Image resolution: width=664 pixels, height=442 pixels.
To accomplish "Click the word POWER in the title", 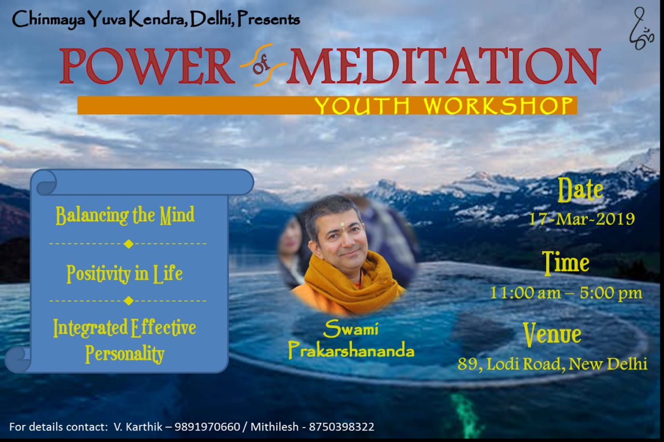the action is (x=147, y=66).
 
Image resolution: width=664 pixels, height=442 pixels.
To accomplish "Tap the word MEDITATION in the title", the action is (x=444, y=66).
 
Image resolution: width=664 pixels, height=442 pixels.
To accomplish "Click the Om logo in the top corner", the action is (x=641, y=28).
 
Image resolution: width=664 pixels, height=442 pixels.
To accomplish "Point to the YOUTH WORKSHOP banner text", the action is (x=444, y=105).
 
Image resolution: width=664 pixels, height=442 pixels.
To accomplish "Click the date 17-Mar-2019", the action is (x=582, y=219).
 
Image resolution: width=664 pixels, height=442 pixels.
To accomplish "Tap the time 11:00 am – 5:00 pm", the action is (x=566, y=293).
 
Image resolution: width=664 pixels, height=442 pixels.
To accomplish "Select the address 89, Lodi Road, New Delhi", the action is (x=552, y=364).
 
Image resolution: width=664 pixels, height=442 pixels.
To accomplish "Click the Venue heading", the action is (x=552, y=334).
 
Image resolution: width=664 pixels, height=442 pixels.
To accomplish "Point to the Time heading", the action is (x=565, y=262).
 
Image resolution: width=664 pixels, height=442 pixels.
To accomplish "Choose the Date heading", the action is (x=580, y=190).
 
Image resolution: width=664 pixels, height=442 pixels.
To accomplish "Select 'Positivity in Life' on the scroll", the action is (x=125, y=274).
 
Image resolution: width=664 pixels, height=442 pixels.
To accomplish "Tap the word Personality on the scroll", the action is (x=125, y=354).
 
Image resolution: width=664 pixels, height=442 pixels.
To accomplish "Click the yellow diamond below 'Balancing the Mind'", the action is (x=129, y=244).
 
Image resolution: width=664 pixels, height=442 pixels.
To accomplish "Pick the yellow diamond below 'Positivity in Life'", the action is (x=129, y=301).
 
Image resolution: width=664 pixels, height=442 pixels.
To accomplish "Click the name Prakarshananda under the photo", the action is (x=351, y=351).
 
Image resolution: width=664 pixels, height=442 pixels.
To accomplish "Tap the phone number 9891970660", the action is (x=207, y=427).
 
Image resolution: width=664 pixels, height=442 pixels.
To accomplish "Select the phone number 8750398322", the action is (x=341, y=427).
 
